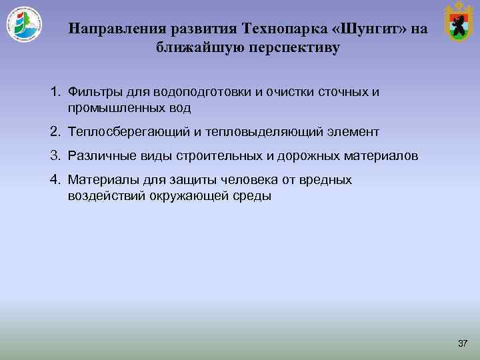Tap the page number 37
coord(463,343)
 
